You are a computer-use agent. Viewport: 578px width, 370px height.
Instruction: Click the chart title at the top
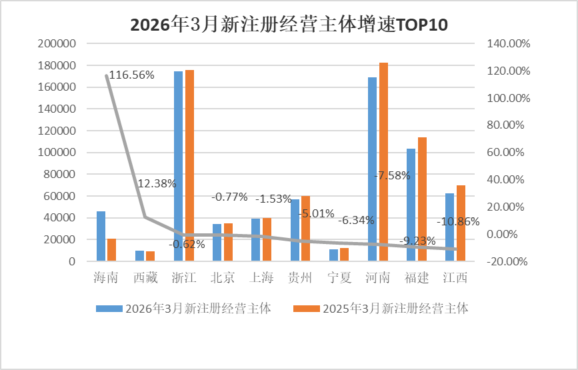[x=289, y=25]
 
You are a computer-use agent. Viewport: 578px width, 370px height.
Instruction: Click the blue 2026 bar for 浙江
[x=179, y=166]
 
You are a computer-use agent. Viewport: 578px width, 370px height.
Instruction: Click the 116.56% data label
[x=131, y=75]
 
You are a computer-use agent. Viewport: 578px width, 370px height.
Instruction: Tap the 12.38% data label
[x=157, y=183]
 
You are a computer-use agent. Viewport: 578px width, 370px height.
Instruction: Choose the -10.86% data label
[x=458, y=222]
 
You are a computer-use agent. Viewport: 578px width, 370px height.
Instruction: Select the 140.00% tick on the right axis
[x=508, y=44]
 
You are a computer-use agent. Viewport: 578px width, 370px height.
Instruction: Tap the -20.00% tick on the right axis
[x=508, y=261]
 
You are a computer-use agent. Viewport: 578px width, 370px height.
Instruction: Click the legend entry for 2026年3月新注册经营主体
[x=183, y=309]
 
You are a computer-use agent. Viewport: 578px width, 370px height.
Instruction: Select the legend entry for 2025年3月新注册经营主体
[x=381, y=309]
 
